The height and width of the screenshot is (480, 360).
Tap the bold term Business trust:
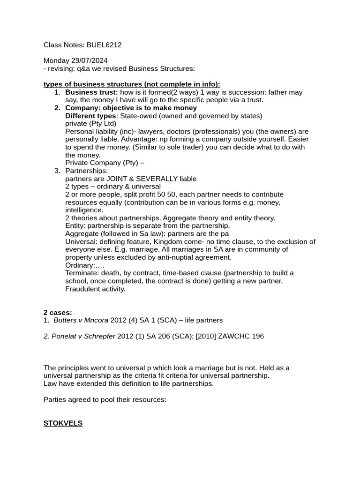(x=91, y=92)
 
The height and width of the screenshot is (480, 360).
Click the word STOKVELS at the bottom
(x=63, y=423)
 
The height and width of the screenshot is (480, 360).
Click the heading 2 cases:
(x=58, y=313)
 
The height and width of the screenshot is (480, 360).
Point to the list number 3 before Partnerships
(x=57, y=171)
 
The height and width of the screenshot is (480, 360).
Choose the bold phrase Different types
(x=91, y=116)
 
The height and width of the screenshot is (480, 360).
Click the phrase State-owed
(x=139, y=116)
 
